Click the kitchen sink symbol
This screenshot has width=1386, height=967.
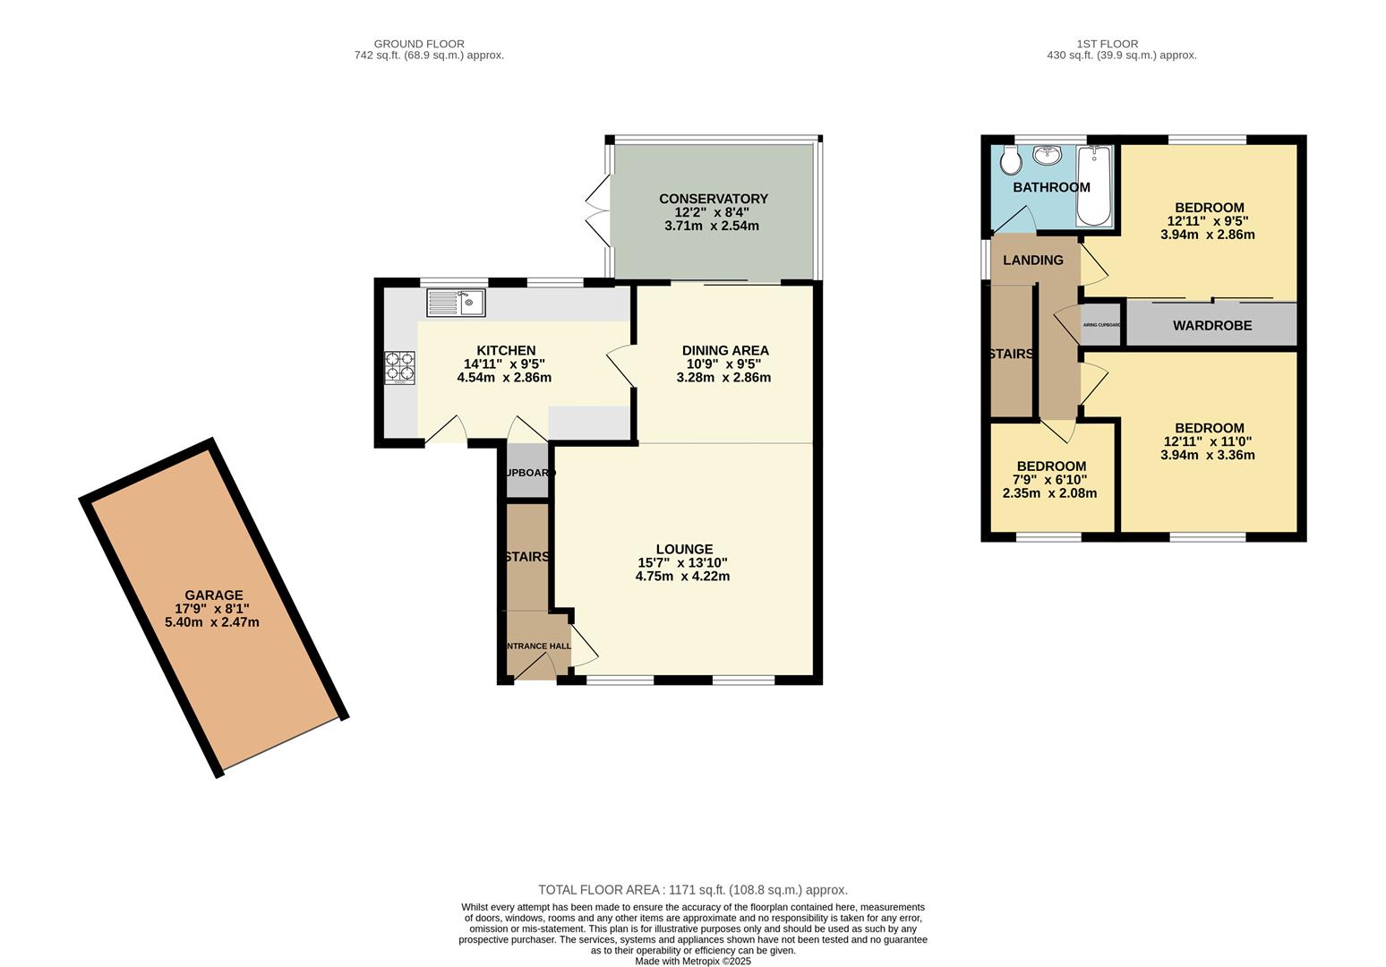coord(456,303)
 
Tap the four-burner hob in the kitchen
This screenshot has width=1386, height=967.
coord(400,368)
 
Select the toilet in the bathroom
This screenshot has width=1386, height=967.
coord(1011,161)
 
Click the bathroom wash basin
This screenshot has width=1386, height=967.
coord(1047,156)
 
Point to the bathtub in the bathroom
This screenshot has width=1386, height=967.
coord(1093,185)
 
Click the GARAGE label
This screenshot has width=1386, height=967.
coord(213,595)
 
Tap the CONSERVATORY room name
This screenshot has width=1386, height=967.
coord(713,199)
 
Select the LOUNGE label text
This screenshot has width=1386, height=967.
coord(684,549)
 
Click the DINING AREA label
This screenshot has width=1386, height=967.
coord(724,350)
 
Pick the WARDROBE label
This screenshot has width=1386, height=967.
coord(1211,325)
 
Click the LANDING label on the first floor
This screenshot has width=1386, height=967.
coord(1032,260)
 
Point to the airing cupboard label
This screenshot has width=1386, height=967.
coord(1101,325)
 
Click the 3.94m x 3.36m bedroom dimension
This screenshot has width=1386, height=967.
coord(1207,455)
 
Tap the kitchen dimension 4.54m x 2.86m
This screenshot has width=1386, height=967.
coord(503,378)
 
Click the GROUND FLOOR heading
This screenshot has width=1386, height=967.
coord(419,43)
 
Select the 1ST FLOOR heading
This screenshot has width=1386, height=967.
coord(1107,43)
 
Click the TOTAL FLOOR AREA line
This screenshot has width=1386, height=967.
coord(692,890)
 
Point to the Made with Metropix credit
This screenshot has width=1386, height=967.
coord(692,961)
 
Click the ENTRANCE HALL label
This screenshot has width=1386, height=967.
coord(537,646)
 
